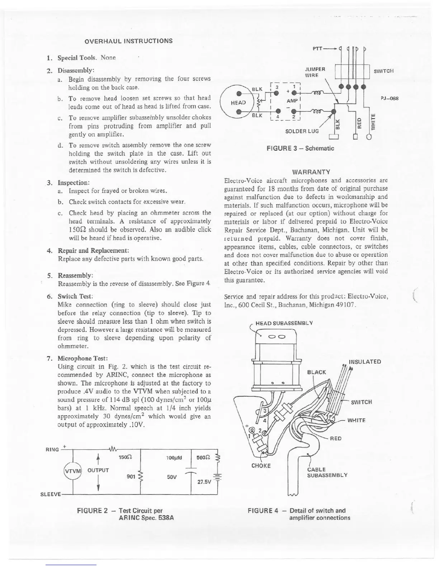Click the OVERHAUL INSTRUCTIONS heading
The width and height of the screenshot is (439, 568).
(x=128, y=41)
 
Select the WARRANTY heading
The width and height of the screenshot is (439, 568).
(x=311, y=172)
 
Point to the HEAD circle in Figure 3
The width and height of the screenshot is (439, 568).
(x=238, y=103)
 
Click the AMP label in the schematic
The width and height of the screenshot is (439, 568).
(x=291, y=101)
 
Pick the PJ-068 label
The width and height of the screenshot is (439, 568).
(x=390, y=99)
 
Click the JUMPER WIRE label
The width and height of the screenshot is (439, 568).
(x=315, y=72)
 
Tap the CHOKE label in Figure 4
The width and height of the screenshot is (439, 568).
(x=262, y=466)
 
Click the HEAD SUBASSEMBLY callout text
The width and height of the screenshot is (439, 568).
(x=284, y=323)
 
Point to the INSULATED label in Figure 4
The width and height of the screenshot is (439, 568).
(x=365, y=361)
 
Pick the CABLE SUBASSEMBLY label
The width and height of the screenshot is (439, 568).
(x=327, y=472)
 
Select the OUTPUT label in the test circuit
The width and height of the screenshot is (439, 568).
(x=99, y=470)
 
